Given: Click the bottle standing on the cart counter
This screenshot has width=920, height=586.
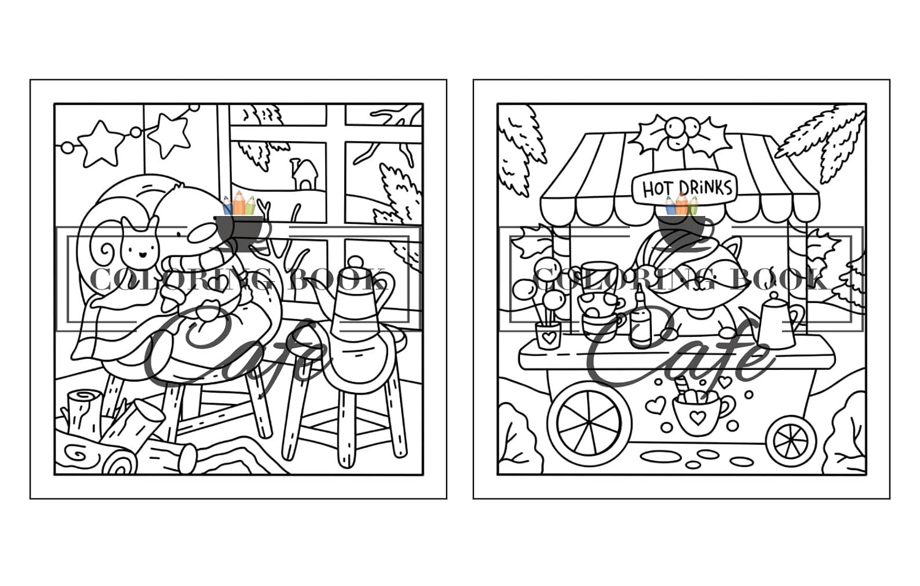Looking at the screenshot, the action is pos(640,318).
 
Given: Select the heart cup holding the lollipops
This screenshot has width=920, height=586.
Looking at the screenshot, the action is pos(548,335).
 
